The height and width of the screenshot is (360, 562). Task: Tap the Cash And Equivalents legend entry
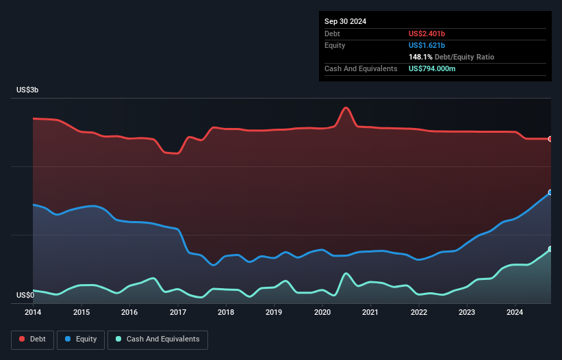coord(157,339)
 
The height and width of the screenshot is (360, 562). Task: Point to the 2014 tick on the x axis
coord(33,313)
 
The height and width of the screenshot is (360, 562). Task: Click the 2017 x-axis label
coord(178,313)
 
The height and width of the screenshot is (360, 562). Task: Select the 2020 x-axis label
coord(322,313)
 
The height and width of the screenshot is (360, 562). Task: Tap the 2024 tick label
coord(515,313)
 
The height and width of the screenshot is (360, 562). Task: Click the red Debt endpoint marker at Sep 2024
coord(550,139)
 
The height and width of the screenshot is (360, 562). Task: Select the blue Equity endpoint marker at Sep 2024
coord(550,192)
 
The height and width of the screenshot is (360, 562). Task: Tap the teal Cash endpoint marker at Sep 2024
coord(550,249)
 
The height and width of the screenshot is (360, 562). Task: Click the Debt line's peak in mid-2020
coord(346,107)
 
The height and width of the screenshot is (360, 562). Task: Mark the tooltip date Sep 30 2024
coord(345,21)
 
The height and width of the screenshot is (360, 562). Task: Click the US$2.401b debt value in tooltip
coord(427,34)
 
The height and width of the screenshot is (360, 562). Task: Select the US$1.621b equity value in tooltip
coord(427,45)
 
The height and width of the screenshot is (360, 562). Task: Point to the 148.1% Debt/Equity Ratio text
coord(451,57)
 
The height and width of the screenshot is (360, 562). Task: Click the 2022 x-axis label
coord(419,313)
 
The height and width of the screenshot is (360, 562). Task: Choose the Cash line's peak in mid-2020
coord(346,274)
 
